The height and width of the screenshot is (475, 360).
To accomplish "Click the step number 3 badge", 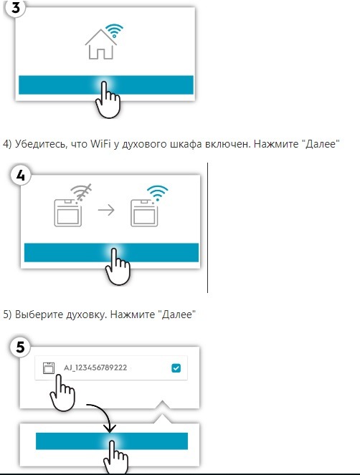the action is coord(16,7).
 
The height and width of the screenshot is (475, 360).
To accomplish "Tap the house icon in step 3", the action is coord(100,44).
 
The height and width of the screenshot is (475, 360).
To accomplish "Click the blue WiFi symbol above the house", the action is coord(114,30).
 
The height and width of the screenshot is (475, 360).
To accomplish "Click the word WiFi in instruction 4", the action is coord(100,143).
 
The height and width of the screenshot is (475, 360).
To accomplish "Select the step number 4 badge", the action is coord(20,175).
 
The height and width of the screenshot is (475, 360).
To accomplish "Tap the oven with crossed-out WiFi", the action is coord(67,213).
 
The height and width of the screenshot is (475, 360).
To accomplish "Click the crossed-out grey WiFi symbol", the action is coord(81,192).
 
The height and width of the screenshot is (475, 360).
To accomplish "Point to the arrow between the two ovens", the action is coord(106,210).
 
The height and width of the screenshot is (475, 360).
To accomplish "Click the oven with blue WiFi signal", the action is coord(144,213).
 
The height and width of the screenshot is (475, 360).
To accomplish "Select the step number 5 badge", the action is coord(20,347).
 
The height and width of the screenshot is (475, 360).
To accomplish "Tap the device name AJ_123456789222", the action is coord(95,368).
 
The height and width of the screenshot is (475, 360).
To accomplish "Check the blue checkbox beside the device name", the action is coord(176,368).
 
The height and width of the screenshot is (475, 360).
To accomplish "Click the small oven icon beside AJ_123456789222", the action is coord(49,368).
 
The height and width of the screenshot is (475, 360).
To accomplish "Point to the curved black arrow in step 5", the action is coord(103,413).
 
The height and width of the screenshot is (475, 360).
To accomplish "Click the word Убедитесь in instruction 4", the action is coord(41,143).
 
